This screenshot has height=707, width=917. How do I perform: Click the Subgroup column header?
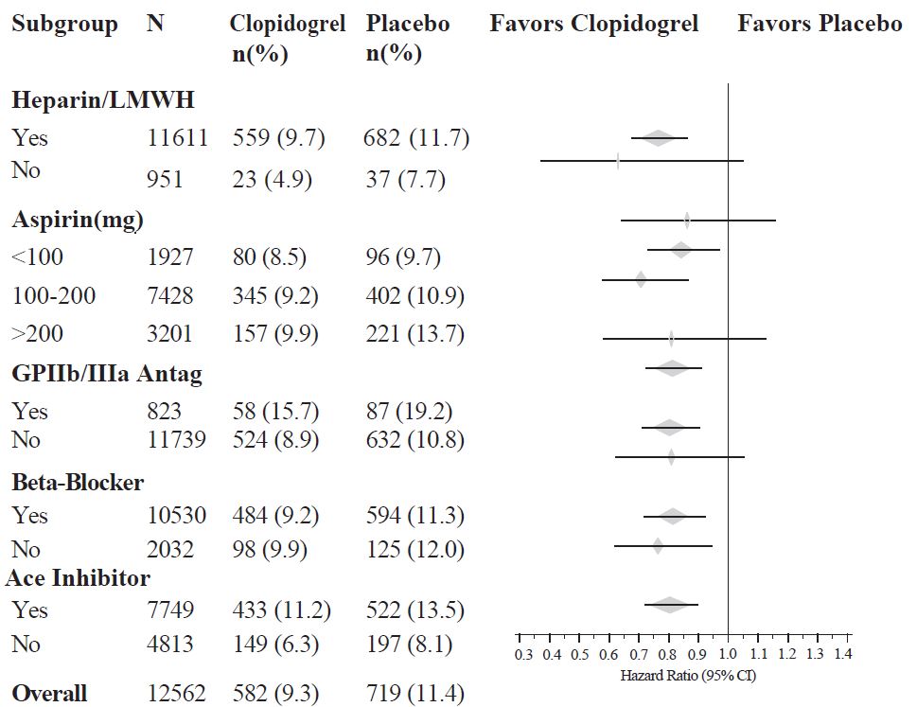64,24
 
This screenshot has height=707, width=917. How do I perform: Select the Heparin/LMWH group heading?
103,98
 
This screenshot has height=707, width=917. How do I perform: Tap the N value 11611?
177,138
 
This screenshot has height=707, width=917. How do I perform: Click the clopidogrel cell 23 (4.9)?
273,179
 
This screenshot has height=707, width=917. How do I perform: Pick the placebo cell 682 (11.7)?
416,138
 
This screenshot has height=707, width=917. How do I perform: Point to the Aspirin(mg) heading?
78,221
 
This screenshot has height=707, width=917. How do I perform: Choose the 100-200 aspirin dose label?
54,296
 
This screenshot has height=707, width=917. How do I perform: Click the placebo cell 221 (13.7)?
414,334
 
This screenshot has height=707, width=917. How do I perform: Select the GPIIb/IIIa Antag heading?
107,374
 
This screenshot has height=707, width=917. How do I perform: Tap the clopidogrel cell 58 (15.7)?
276,412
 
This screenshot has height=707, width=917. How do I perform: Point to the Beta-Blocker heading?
78,482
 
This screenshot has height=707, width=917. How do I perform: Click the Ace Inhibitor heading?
78,576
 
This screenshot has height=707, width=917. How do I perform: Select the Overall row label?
49,693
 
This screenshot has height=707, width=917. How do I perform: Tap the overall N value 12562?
177,693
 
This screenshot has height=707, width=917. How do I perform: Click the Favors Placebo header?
820,24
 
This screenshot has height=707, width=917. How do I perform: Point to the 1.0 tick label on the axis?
727,654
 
